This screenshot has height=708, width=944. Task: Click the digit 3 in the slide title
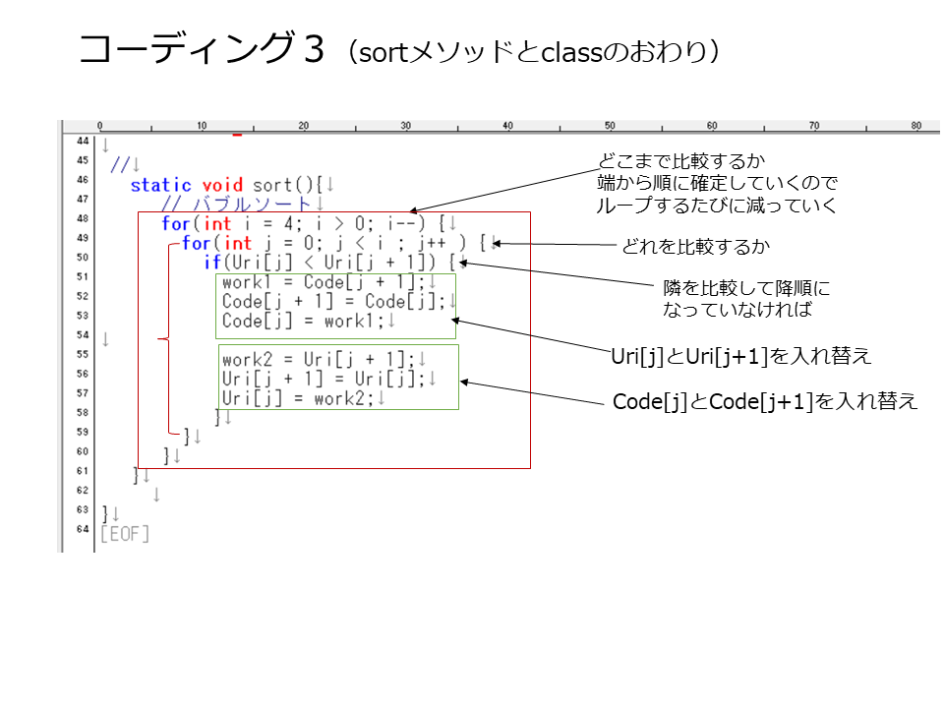pos(315,49)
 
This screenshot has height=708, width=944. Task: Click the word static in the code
pos(160,185)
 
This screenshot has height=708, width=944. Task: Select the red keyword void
pos(222,185)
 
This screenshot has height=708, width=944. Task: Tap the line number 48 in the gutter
pos(83,218)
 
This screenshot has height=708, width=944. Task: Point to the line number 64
pos(83,529)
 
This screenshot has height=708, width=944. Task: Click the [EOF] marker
pos(125,534)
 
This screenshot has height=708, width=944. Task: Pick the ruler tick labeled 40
pos(507,125)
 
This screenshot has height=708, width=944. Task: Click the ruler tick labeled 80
pos(915,125)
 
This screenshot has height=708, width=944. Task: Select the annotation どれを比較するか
pos(695,246)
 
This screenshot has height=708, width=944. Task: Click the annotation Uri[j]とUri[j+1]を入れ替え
pos(741,356)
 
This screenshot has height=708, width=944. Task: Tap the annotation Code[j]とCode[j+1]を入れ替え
pos(765,401)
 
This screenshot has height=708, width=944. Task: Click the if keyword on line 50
pos(212,263)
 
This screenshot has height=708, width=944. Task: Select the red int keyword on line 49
pos(238,243)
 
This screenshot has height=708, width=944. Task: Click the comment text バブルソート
pos(252,205)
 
